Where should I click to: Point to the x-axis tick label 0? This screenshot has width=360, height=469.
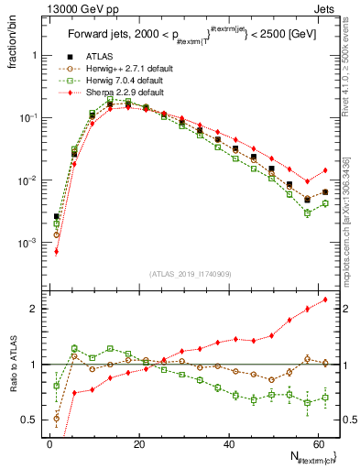point(49,444)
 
